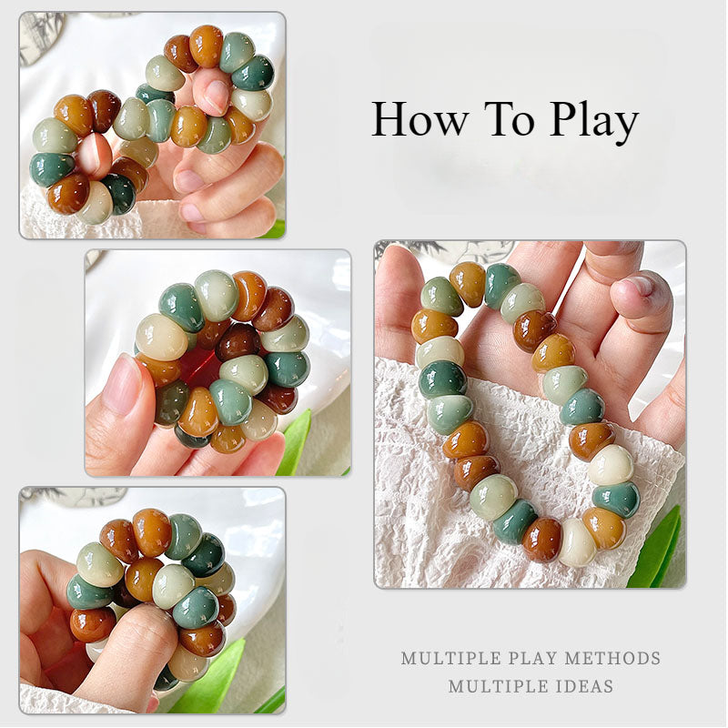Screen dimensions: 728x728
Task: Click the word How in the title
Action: (420, 119)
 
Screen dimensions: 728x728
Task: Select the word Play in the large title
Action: (595, 123)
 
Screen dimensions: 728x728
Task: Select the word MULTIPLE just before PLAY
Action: (450, 658)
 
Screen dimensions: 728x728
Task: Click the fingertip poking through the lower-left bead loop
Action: (94, 157)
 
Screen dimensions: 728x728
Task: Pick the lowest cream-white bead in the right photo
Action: (578, 543)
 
